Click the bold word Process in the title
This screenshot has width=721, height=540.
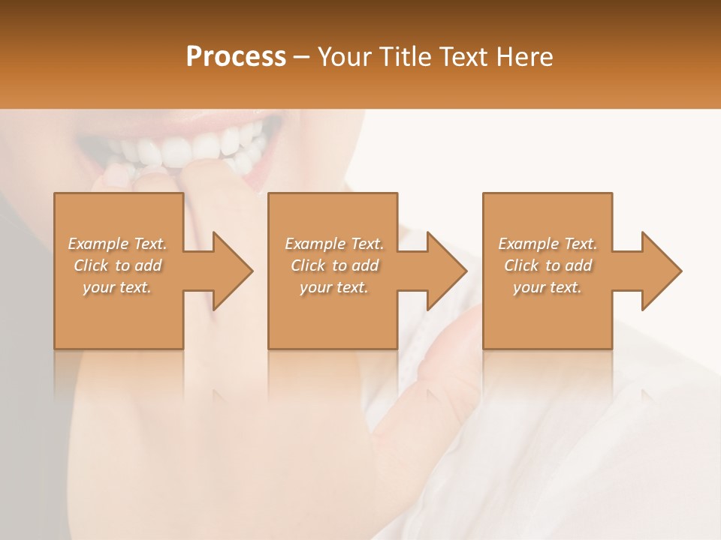(x=236, y=57)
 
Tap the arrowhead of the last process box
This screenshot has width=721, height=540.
(x=660, y=271)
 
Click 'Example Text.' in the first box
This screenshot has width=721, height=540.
(x=118, y=244)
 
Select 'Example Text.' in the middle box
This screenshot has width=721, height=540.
(x=334, y=244)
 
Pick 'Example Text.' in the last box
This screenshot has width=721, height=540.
(x=548, y=244)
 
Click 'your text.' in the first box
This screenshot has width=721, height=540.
(x=117, y=287)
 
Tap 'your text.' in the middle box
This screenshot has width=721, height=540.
(x=333, y=287)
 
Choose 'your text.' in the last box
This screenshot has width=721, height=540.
(x=547, y=287)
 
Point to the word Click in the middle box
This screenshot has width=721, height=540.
(x=308, y=265)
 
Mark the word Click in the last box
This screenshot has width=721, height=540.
(x=521, y=265)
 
